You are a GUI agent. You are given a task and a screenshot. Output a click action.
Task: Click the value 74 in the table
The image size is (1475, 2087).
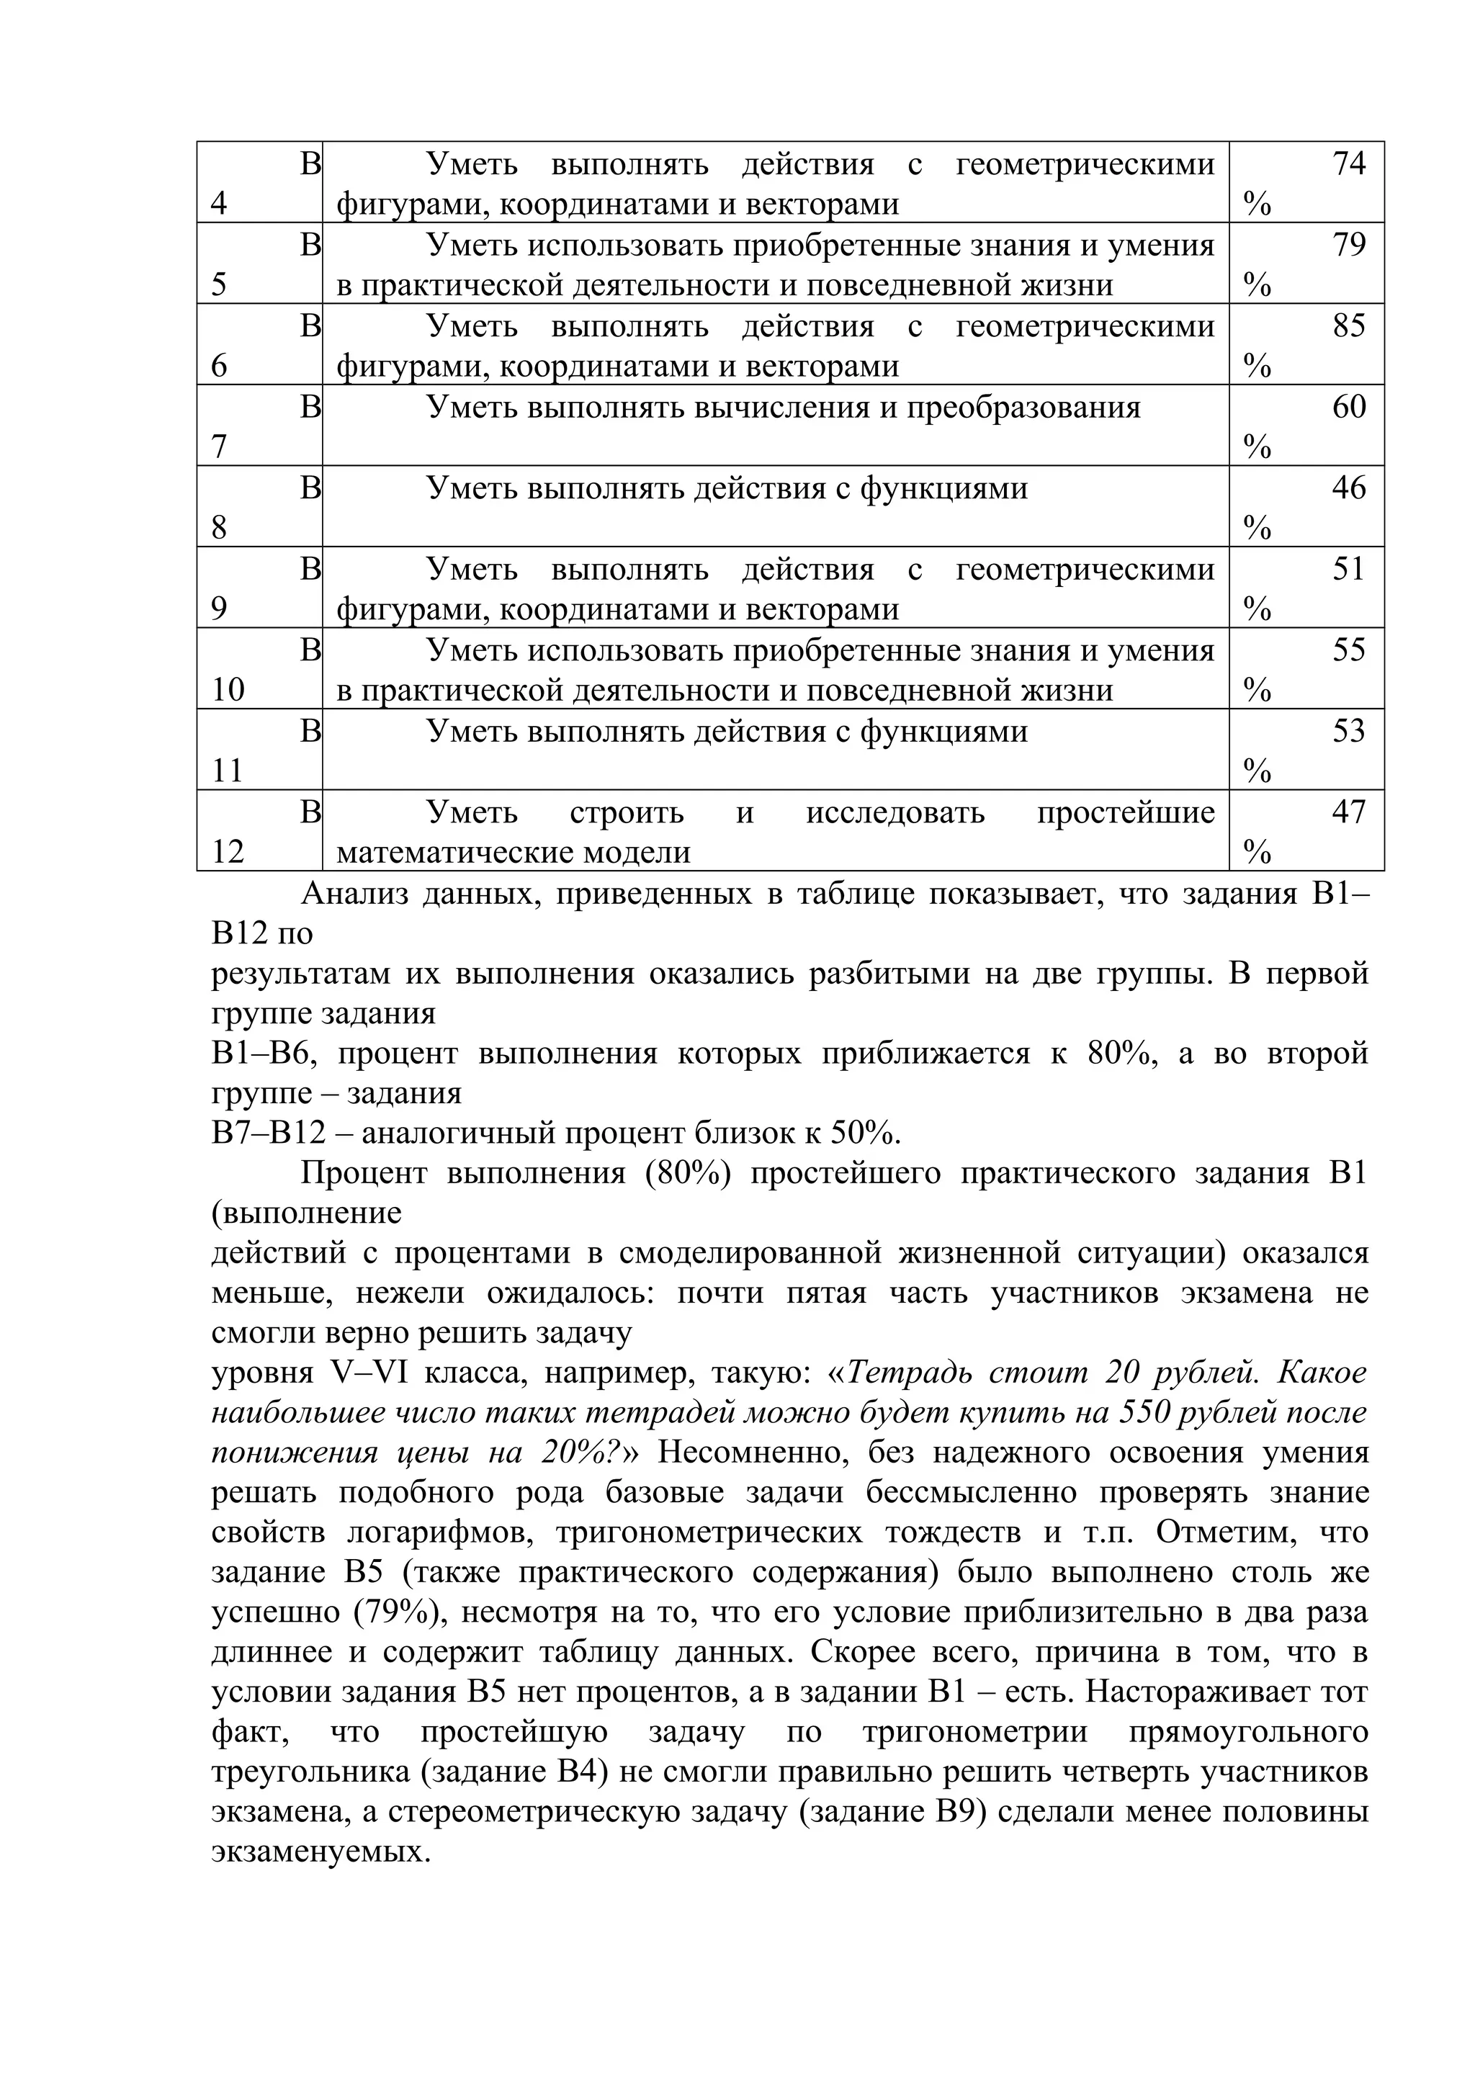(1349, 164)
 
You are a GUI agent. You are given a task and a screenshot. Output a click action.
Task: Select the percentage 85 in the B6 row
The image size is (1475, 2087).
(1349, 326)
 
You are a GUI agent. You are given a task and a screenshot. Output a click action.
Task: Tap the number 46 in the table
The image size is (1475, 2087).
(1349, 488)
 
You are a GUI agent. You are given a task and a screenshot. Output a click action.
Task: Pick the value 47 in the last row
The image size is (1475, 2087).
(1349, 812)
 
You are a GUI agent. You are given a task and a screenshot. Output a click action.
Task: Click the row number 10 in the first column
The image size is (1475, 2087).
(228, 691)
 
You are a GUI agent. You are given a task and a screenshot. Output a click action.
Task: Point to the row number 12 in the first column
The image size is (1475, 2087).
(228, 853)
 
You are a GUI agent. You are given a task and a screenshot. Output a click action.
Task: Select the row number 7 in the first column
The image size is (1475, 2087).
(219, 447)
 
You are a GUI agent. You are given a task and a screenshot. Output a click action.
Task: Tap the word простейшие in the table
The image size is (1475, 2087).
(1125, 812)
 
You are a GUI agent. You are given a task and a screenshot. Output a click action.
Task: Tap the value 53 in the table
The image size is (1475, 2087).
(1349, 731)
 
